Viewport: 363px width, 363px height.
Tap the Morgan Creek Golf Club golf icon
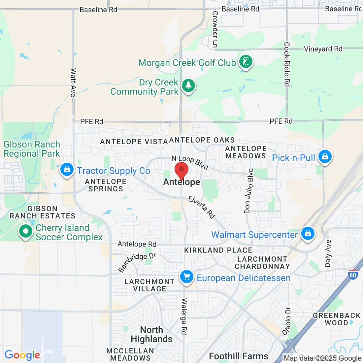(x=246, y=62)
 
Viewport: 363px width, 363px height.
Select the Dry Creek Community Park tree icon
(x=188, y=85)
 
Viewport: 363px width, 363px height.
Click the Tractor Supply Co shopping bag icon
(x=67, y=170)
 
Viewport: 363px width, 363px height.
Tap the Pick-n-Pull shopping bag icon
(x=325, y=157)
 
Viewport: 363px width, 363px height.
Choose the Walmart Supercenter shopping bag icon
(x=308, y=234)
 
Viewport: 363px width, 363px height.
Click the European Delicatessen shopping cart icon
(x=187, y=277)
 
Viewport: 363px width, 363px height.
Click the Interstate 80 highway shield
(x=353, y=274)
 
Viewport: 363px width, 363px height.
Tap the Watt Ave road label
(x=73, y=82)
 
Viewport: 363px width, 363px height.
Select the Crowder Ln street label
(x=215, y=29)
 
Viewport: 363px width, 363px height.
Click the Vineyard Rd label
(x=323, y=49)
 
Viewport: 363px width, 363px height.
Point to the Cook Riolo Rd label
(x=287, y=64)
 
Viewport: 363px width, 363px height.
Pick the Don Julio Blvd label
(x=249, y=191)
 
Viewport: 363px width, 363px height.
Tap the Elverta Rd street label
(x=202, y=207)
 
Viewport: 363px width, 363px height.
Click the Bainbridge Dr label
(x=137, y=262)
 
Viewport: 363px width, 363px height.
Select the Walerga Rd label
(x=184, y=316)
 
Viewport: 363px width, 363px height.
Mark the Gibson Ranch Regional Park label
(x=32, y=149)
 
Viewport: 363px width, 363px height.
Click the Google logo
(x=22, y=355)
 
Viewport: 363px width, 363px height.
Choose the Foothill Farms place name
(x=239, y=356)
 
